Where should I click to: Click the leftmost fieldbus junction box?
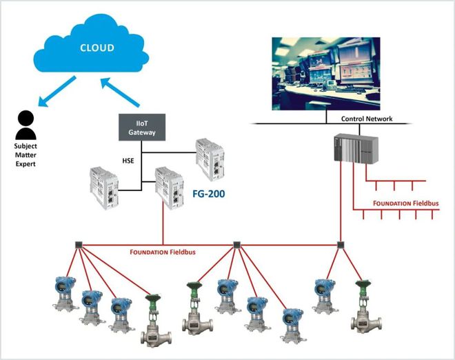pos(79,244)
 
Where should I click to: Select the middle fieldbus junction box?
pos(237,244)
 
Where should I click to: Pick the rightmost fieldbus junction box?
pos(340,244)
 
